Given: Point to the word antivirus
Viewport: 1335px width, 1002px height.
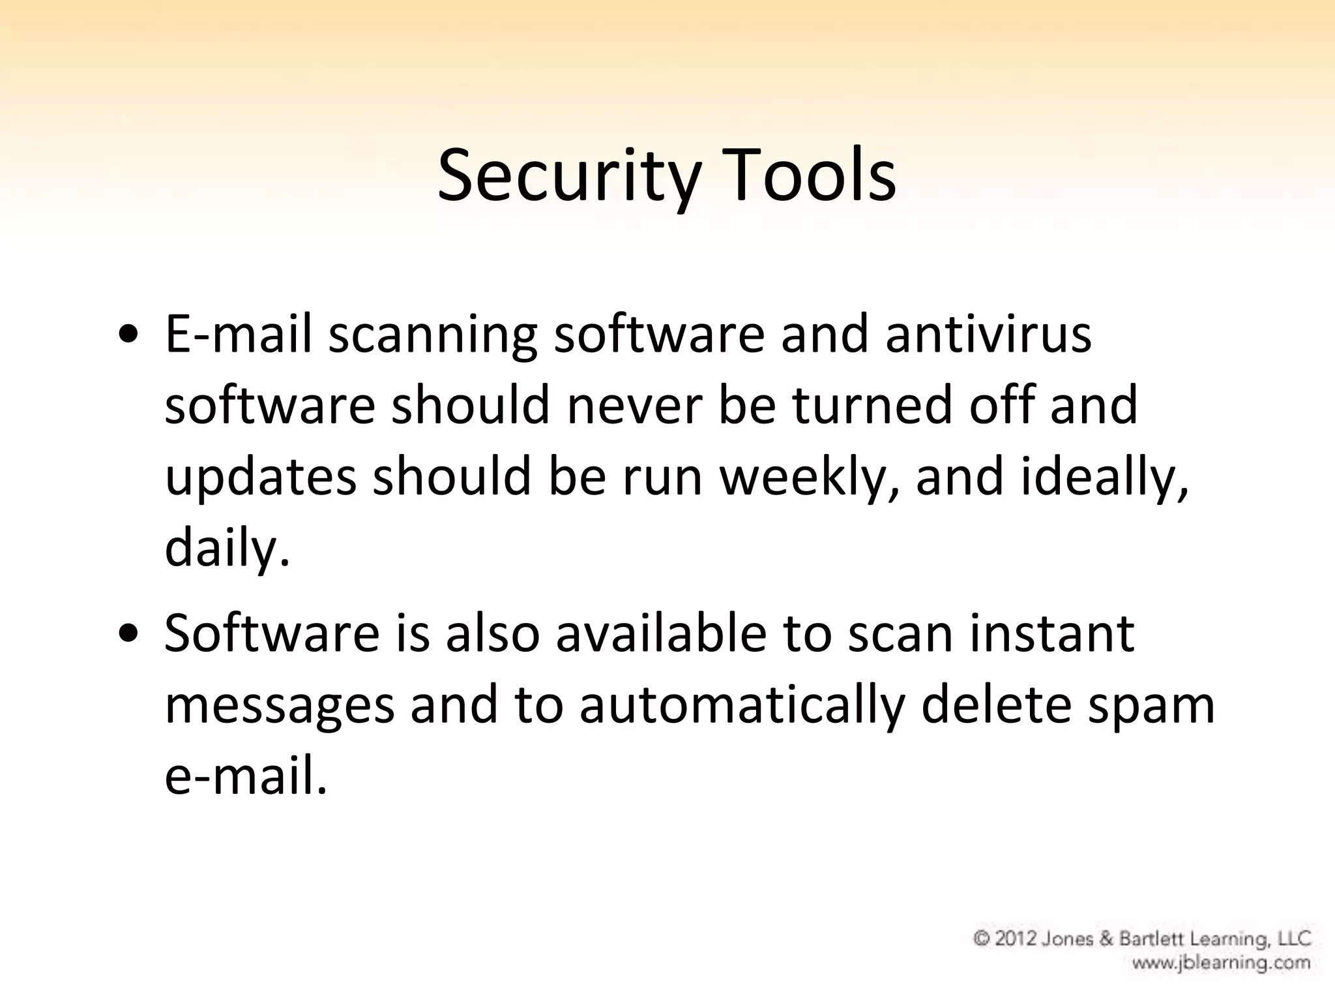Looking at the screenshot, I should (988, 334).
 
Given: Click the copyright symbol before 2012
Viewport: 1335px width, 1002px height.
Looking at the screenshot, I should (982, 939).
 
